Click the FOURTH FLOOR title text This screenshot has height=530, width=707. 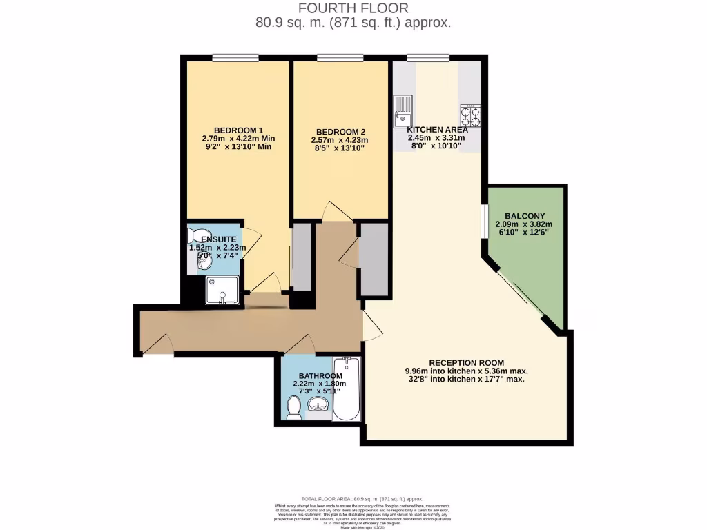click(353, 8)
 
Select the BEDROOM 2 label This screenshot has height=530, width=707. click(340, 132)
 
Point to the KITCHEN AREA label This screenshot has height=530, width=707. click(437, 130)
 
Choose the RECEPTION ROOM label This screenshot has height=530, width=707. click(466, 363)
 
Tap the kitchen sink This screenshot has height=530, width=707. click(403, 111)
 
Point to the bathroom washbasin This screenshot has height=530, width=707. click(318, 405)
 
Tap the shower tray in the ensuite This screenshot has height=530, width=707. click(222, 289)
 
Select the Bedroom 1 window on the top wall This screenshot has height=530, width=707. click(235, 57)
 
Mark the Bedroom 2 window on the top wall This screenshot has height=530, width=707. click(340, 57)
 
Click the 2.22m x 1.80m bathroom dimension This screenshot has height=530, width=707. click(318, 384)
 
